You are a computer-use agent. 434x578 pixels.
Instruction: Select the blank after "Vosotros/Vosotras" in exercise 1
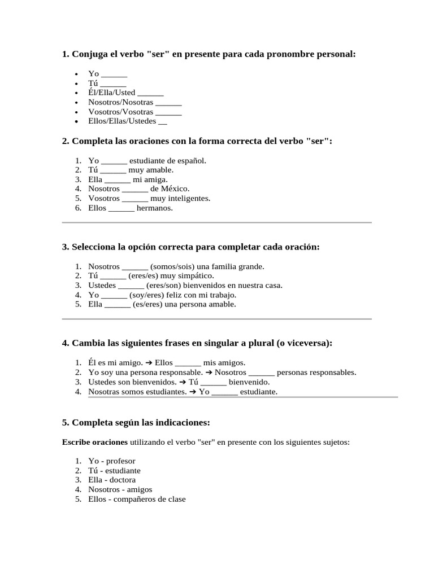(x=168, y=112)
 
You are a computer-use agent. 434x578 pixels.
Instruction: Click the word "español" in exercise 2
(x=190, y=161)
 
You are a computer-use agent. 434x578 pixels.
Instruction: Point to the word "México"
(x=175, y=189)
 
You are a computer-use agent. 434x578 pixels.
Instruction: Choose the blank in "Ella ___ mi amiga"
(x=118, y=180)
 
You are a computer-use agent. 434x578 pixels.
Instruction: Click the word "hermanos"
(x=154, y=208)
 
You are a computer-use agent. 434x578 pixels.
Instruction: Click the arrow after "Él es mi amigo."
(x=149, y=363)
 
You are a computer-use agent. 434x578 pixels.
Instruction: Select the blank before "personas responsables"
(x=261, y=373)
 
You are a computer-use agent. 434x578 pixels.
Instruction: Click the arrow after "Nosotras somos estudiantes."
(x=193, y=392)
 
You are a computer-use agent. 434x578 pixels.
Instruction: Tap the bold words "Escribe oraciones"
(x=94, y=442)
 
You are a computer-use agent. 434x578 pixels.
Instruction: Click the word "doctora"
(x=123, y=480)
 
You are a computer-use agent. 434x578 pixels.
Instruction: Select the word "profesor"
(x=120, y=461)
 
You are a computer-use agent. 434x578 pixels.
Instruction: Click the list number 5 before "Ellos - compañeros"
(x=78, y=500)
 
